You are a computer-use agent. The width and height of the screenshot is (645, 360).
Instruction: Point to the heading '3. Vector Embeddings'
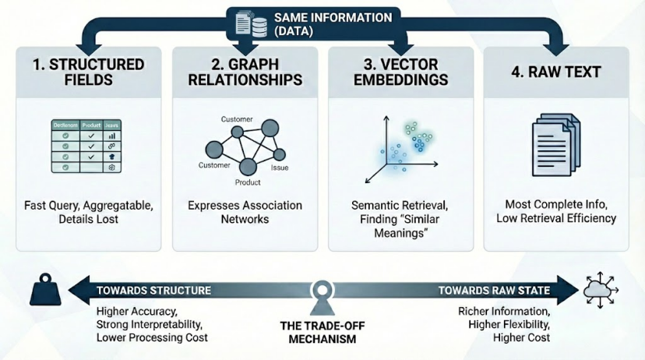click(x=400, y=72)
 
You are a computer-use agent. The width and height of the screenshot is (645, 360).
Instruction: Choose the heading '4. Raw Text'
click(x=555, y=72)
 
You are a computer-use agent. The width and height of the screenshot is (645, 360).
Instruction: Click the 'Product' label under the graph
click(x=248, y=183)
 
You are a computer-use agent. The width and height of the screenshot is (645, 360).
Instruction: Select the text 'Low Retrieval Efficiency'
click(x=556, y=218)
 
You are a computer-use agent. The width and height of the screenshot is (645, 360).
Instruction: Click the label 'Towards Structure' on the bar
click(x=153, y=291)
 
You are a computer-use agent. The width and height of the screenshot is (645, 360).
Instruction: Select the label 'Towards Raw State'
click(x=494, y=291)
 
